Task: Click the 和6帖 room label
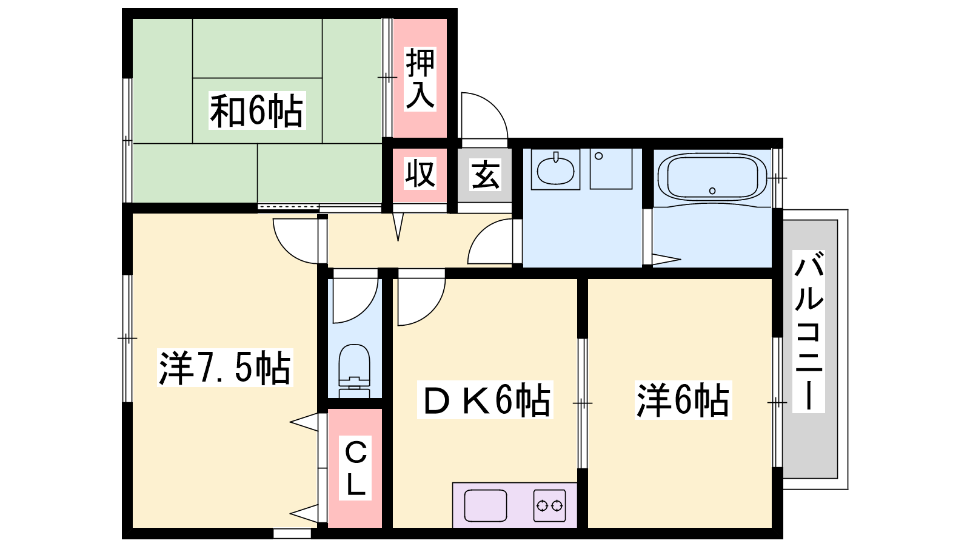[x=257, y=110]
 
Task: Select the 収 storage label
[x=420, y=174]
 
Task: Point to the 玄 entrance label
[x=485, y=175]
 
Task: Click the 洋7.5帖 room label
[x=225, y=368]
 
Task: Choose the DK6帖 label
[x=485, y=400]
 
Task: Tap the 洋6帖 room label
[x=683, y=400]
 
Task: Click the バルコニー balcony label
[x=809, y=331]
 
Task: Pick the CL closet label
[x=355, y=468]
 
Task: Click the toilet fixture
[x=354, y=371]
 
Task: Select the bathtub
[x=712, y=178]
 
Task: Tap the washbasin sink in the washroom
[x=555, y=169]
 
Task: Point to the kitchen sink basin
[x=486, y=506]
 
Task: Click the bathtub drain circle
[x=712, y=190]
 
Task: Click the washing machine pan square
[x=610, y=169]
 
